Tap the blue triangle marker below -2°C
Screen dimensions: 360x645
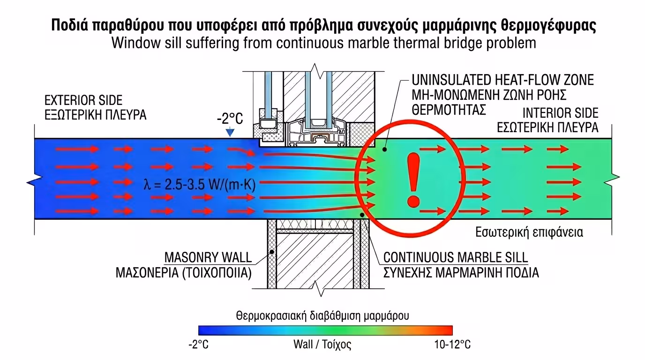[x=229, y=133]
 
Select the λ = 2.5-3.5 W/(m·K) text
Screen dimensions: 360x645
[x=199, y=185]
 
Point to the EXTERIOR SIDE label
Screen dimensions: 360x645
[x=83, y=100]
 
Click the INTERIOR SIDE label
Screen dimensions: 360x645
[x=560, y=113]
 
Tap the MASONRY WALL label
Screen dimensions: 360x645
[x=208, y=257]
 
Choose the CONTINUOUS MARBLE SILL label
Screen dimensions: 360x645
[x=455, y=257]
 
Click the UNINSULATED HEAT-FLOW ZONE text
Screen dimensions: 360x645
[x=502, y=80]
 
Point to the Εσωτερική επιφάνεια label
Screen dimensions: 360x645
[x=529, y=232]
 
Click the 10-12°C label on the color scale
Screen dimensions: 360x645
[x=452, y=345]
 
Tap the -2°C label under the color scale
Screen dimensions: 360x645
[x=198, y=345]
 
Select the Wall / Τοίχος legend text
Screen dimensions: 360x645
[x=322, y=345]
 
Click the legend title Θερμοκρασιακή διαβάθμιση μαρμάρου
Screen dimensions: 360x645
[x=322, y=315]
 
